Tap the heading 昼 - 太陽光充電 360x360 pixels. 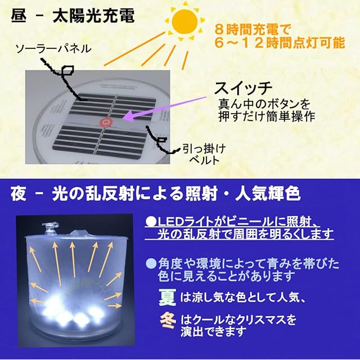tap(73, 15)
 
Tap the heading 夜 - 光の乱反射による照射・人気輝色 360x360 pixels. tap(156, 194)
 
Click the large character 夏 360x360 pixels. tap(167, 294)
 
